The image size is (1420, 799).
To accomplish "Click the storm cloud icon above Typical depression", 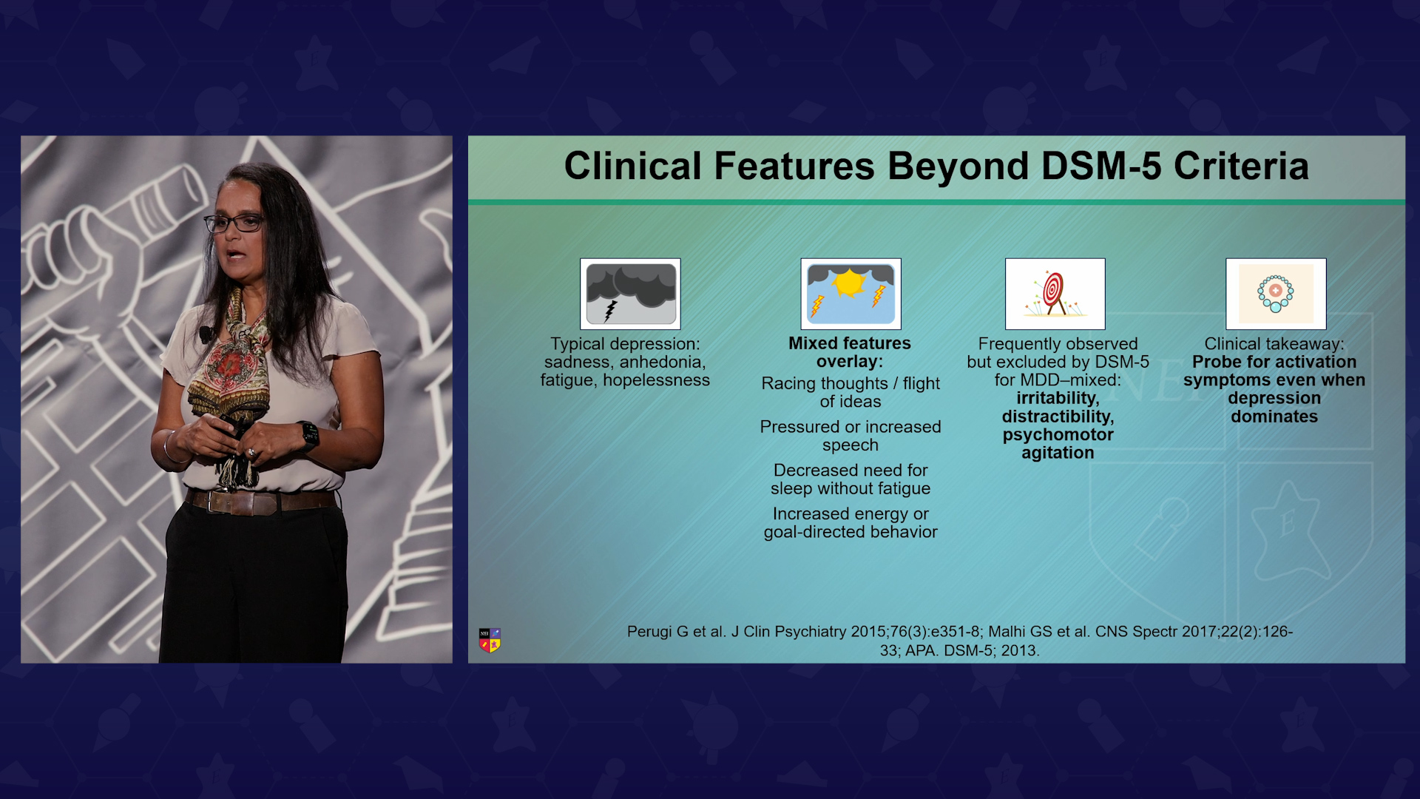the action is click(630, 294).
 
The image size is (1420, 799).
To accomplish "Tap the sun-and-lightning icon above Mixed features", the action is click(851, 294).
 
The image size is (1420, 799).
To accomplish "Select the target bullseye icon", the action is click(1055, 294).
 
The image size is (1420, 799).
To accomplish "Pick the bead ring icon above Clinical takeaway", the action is click(1276, 294).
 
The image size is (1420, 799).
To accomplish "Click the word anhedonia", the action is click(662, 363).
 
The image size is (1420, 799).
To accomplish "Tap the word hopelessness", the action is click(656, 380).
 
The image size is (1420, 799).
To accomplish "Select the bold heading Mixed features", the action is click(850, 343).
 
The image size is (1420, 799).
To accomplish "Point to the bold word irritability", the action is click(1058, 399).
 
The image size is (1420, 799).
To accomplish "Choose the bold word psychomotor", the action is click(1058, 435).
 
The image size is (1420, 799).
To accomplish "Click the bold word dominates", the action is click(1274, 417).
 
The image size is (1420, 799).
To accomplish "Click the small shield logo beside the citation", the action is click(490, 640).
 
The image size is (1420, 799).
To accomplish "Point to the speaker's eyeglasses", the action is click(234, 223).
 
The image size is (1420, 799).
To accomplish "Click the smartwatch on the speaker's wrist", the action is click(308, 435).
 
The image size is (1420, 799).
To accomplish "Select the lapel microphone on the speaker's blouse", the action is click(205, 334).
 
